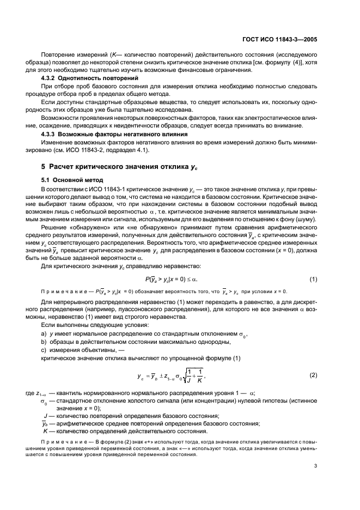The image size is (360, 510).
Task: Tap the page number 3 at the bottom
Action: click(323, 466)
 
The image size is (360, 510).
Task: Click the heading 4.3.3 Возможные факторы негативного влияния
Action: click(112, 133)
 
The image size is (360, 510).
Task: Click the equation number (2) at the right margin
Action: click(314, 375)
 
